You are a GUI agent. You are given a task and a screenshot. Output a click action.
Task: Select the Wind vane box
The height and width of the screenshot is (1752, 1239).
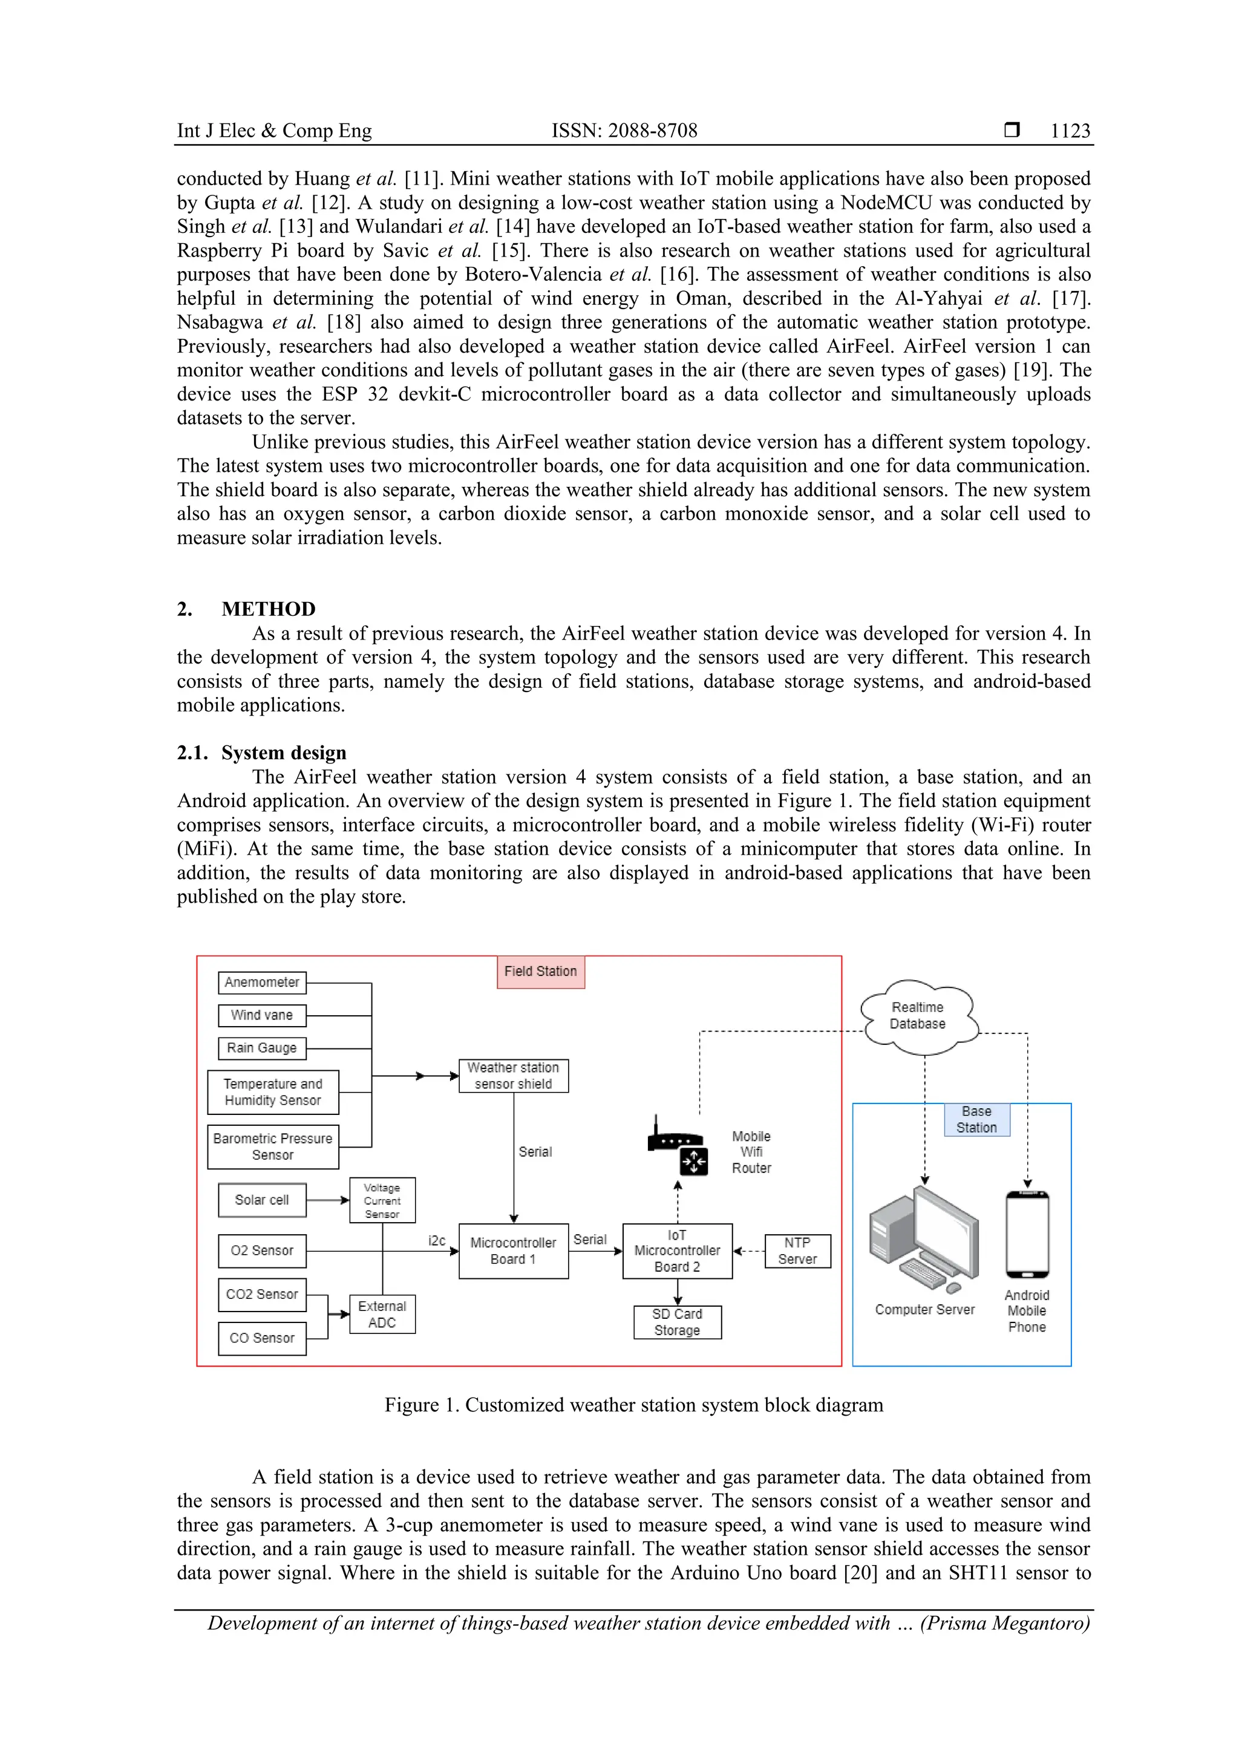262,1015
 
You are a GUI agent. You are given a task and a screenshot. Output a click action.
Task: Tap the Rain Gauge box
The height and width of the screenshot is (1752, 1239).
262,1048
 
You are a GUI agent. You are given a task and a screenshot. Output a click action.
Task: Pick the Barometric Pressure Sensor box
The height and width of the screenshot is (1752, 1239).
272,1146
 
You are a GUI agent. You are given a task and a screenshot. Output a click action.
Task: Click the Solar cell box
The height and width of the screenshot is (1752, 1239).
262,1200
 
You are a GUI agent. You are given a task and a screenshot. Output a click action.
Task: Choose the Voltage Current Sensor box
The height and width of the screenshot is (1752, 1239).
382,1200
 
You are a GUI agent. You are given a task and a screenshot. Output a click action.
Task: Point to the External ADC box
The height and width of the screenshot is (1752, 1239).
382,1314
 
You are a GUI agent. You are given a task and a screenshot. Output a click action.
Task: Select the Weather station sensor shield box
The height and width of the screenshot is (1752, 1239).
514,1075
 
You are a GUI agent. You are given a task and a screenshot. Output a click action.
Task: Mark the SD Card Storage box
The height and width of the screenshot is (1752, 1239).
678,1322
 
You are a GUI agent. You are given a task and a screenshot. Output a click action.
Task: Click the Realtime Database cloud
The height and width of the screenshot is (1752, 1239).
918,1016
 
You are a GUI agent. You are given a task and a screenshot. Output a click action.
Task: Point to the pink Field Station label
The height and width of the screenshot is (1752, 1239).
541,972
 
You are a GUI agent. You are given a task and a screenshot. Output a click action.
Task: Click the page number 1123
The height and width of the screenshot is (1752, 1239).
1070,131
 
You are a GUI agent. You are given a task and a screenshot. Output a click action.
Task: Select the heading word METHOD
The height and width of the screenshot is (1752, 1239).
269,609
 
